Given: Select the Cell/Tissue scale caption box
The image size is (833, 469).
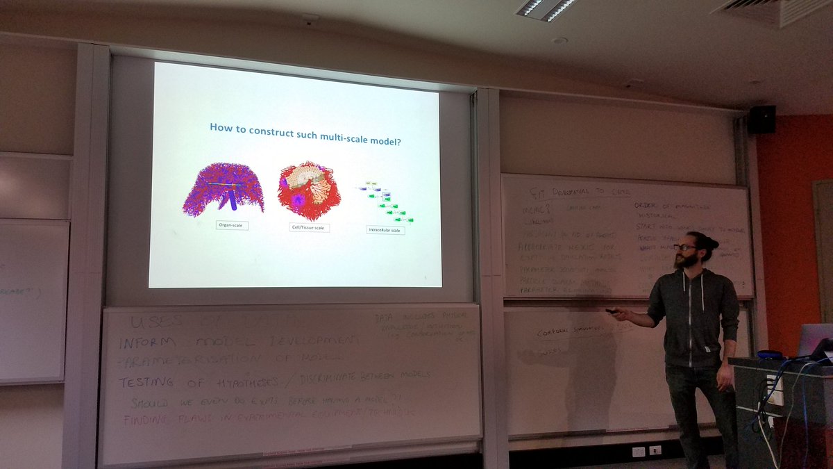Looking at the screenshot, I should click(x=310, y=227).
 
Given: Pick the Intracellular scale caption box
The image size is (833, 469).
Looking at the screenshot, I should click(x=385, y=230).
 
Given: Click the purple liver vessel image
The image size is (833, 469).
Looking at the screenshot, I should click(x=223, y=189).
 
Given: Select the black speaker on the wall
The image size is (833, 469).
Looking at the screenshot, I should click(x=761, y=120).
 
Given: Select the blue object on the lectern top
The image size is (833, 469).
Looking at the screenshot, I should click(x=771, y=355).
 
